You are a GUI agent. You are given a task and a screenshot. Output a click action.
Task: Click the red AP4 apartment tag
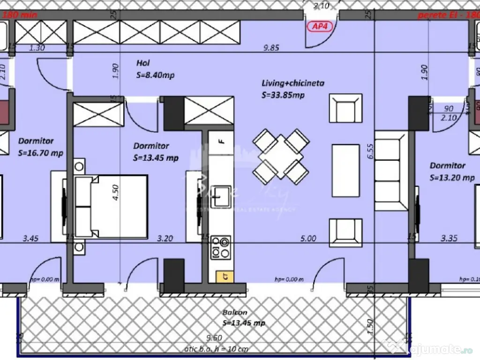(320, 26)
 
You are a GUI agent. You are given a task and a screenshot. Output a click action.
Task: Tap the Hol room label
(143, 63)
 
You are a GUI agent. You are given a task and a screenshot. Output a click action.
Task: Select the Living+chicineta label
(293, 83)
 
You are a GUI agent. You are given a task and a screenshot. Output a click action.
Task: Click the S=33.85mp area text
(283, 95)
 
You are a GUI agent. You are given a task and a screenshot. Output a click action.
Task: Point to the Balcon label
(235, 312)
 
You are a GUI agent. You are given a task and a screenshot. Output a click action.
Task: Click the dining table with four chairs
(281, 156)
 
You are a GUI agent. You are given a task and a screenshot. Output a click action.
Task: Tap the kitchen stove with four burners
(221, 247)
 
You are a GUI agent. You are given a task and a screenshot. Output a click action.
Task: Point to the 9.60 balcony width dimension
(214, 337)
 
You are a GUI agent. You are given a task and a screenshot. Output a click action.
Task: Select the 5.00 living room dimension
(308, 238)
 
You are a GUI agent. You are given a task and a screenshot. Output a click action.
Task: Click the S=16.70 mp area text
(40, 153)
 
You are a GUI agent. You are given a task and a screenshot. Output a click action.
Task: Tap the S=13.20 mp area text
(452, 178)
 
